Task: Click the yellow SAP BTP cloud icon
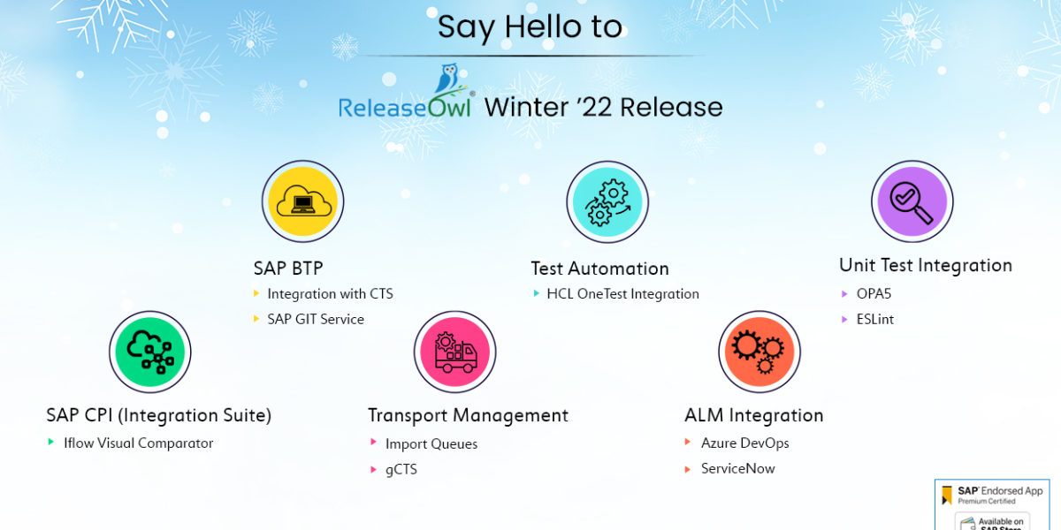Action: click(x=303, y=201)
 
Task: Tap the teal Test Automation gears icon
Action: click(x=607, y=201)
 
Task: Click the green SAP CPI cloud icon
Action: click(x=150, y=352)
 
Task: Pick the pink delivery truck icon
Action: click(x=454, y=352)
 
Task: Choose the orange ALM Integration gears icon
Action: click(x=759, y=352)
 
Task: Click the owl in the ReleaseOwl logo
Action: click(x=447, y=79)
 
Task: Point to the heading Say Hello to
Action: click(x=530, y=26)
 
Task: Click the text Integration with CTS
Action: click(x=330, y=294)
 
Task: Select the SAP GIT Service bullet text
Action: click(x=316, y=319)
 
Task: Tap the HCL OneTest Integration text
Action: click(x=622, y=294)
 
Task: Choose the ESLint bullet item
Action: click(x=874, y=319)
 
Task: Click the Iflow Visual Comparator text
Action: click(x=139, y=443)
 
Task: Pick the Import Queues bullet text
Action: click(x=431, y=444)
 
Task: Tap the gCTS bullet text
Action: click(x=401, y=469)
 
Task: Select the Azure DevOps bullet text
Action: click(x=744, y=443)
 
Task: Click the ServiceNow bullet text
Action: click(x=737, y=468)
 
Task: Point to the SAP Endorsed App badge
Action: click(x=991, y=503)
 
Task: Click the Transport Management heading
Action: click(x=468, y=415)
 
